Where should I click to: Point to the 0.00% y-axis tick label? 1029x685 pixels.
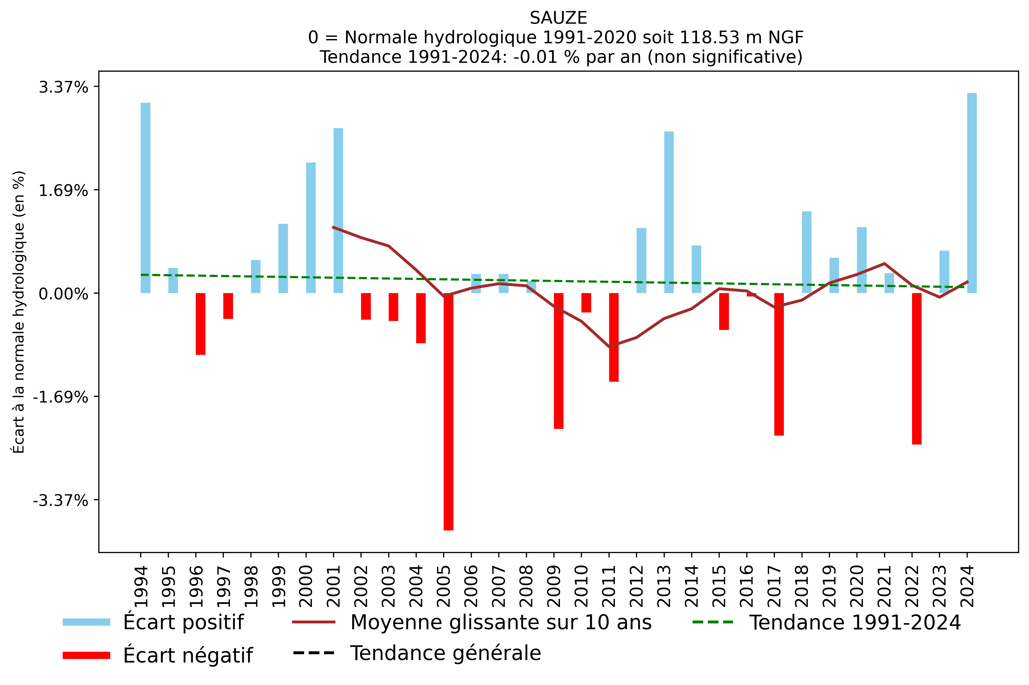click(x=63, y=294)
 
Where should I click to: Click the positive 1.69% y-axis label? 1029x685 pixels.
click(x=63, y=191)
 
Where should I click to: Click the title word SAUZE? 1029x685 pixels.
click(x=558, y=18)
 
